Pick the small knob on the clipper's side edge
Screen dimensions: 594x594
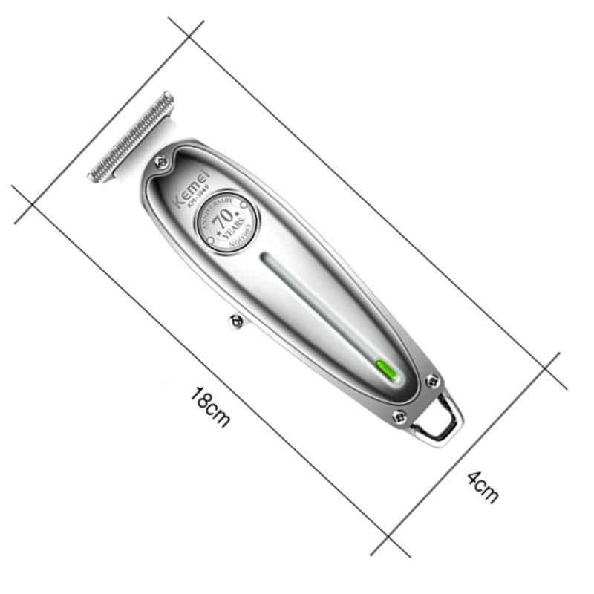pyautogui.click(x=236, y=320)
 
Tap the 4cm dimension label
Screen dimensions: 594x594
pyautogui.click(x=483, y=487)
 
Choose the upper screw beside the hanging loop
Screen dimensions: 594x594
pyautogui.click(x=433, y=381)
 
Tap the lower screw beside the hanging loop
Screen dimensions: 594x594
pyautogui.click(x=399, y=417)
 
